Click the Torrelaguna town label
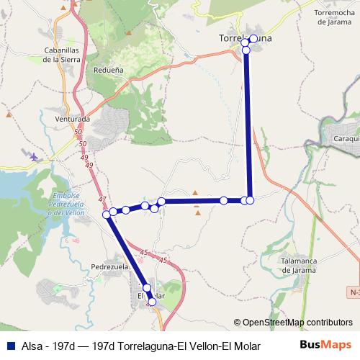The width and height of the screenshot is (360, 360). [x=245, y=39]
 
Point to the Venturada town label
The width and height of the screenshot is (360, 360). [x=72, y=119]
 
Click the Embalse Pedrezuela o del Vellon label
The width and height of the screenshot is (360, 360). [x=68, y=204]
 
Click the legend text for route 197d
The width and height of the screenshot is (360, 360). [x=137, y=346]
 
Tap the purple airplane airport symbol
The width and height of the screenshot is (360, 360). [x=34, y=156]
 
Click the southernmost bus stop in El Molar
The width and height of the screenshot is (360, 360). [x=151, y=302]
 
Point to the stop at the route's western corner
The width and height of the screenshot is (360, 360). [x=107, y=214]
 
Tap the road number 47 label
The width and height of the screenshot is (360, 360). [x=102, y=199]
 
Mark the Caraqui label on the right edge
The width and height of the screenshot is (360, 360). [x=346, y=138]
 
